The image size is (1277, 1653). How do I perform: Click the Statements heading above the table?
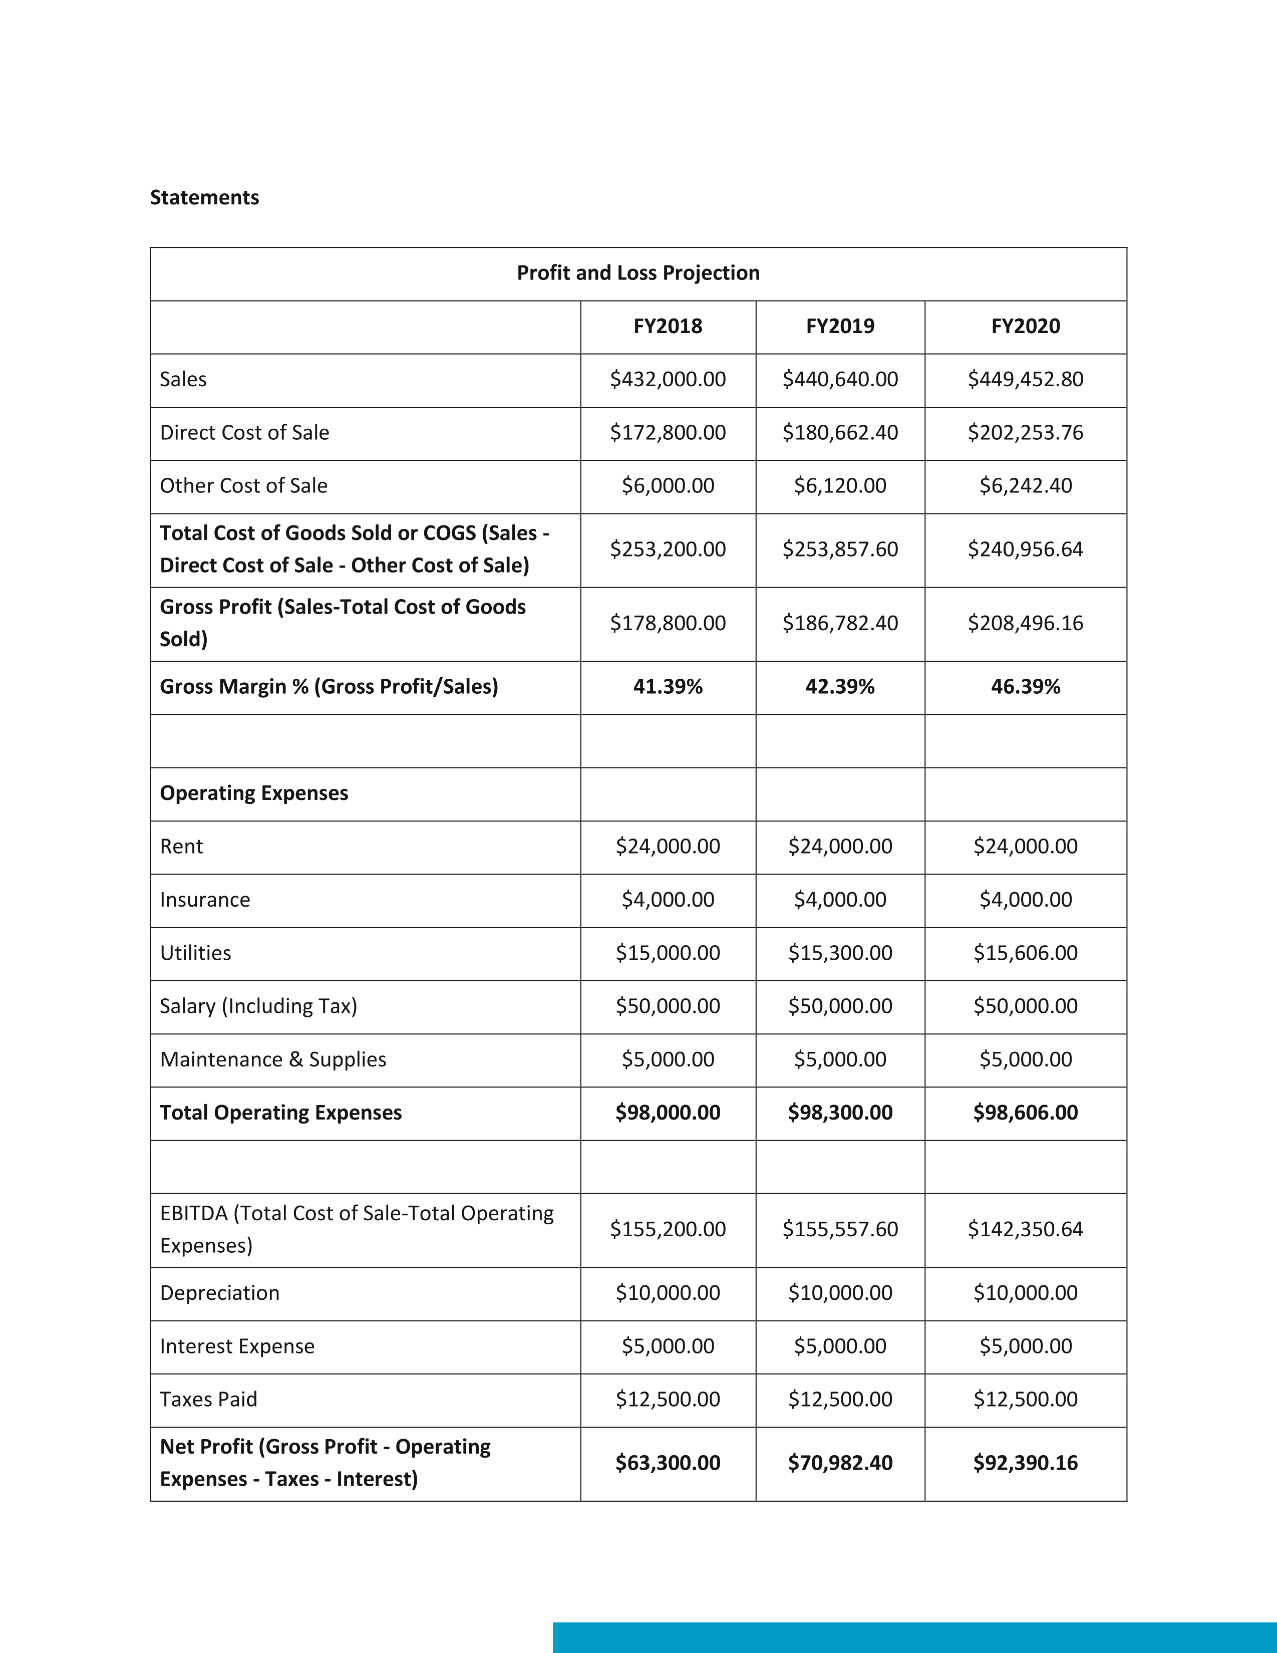pyautogui.click(x=204, y=197)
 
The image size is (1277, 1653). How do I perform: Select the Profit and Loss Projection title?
pyautogui.click(x=637, y=273)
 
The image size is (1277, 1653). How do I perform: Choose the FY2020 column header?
pyautogui.click(x=1025, y=326)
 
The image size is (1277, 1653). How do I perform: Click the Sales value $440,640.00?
pyautogui.click(x=840, y=379)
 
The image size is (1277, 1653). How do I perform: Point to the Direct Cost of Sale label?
pyautogui.click(x=244, y=433)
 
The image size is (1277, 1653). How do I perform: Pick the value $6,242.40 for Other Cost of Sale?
pyautogui.click(x=1025, y=486)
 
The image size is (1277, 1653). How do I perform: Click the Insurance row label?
pyautogui.click(x=204, y=900)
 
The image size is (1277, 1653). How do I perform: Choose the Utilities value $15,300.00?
pyautogui.click(x=840, y=953)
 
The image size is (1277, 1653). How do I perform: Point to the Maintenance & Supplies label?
pyautogui.click(x=272, y=1059)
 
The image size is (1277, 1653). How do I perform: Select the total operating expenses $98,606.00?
pyautogui.click(x=1025, y=1113)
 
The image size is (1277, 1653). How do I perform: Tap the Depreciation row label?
pyautogui.click(x=219, y=1293)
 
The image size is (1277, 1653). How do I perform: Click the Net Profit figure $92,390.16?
pyautogui.click(x=1025, y=1463)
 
